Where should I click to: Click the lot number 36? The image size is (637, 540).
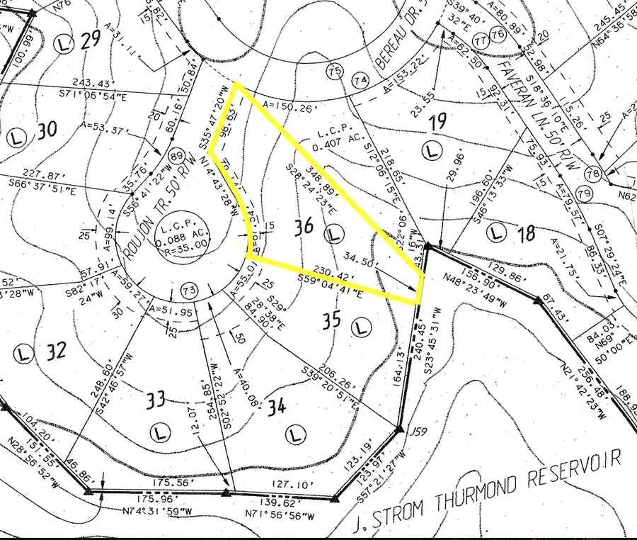point(304,227)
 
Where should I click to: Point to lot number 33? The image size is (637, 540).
point(156,399)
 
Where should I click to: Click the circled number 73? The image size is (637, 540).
point(188,290)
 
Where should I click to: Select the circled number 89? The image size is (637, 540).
point(178,157)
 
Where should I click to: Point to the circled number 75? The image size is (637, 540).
point(335,71)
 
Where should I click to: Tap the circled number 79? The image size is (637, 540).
point(584,193)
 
